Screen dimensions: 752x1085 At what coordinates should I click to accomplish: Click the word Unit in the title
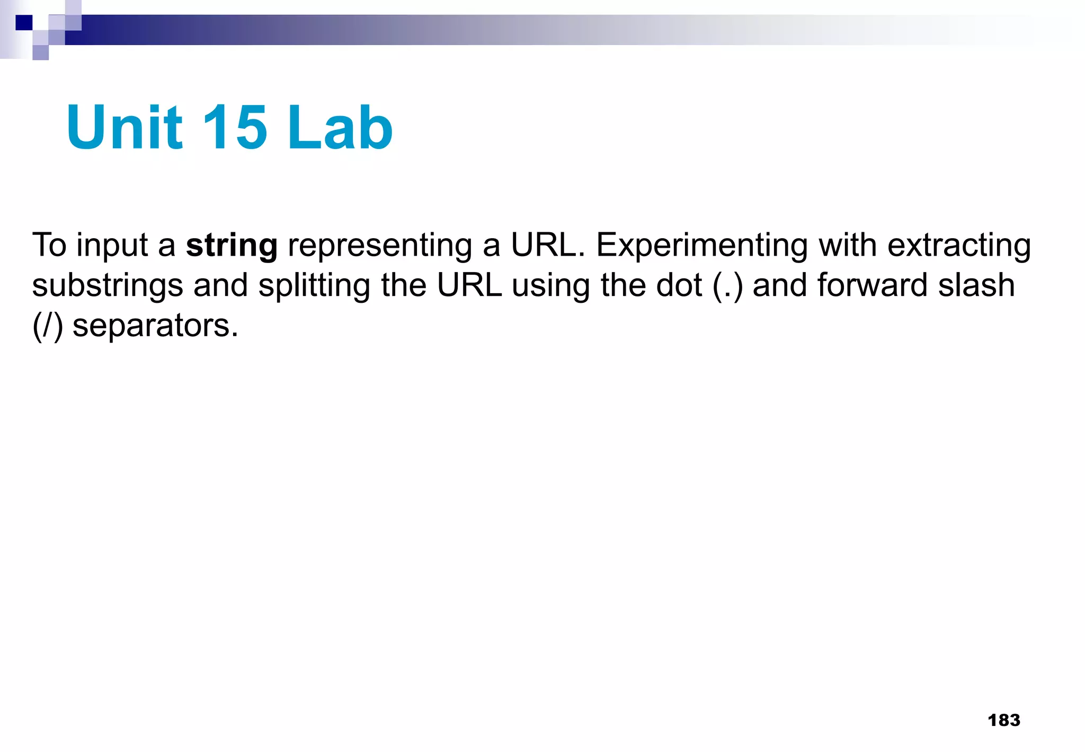(x=125, y=127)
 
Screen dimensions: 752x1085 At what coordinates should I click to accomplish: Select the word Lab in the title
(x=340, y=127)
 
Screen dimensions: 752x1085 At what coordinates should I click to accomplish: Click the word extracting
(x=959, y=246)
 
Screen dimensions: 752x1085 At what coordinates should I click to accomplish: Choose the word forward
(x=872, y=285)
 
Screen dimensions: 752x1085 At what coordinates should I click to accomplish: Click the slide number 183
(x=1004, y=720)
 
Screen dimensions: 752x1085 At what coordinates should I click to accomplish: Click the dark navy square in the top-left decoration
(x=24, y=23)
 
